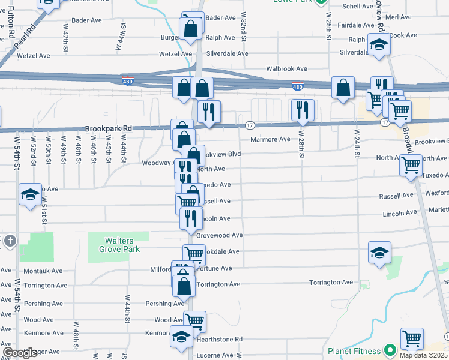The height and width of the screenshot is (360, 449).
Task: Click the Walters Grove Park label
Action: click(119, 245)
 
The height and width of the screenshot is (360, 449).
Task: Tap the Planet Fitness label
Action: click(354, 351)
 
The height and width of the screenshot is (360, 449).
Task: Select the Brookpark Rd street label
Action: click(107, 128)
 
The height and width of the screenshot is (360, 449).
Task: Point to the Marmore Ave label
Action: click(270, 140)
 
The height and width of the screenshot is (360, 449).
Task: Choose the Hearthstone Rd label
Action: click(219, 340)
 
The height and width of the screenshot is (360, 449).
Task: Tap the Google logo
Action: click(20, 353)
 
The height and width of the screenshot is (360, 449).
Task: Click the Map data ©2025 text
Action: click(423, 355)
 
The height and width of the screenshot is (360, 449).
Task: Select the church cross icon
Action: click(10, 241)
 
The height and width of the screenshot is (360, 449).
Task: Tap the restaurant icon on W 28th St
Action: click(302, 109)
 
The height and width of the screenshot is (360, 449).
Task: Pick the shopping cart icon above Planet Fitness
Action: click(412, 338)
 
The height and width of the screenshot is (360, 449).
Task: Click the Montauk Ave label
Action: click(43, 271)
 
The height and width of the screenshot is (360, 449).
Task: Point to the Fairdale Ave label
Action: click(356, 25)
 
